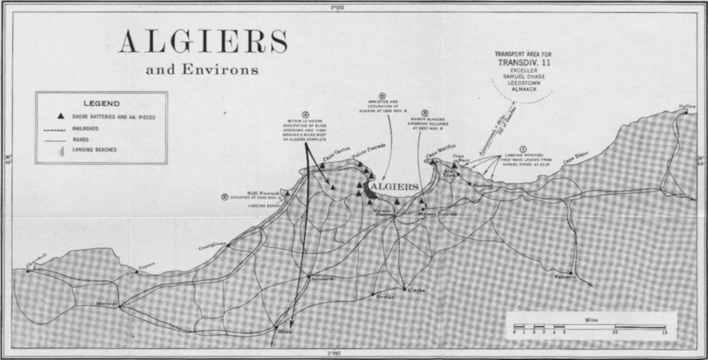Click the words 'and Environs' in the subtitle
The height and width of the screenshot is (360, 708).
tap(203, 70)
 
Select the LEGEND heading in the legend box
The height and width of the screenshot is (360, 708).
tap(102, 103)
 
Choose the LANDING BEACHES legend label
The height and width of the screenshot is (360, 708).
tap(94, 149)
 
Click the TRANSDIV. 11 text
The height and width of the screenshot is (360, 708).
tap(523, 62)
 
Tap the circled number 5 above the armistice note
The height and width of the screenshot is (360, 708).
tap(382, 96)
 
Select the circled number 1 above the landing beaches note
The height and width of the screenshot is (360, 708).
tap(523, 148)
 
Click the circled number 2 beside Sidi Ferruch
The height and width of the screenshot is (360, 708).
tap(225, 196)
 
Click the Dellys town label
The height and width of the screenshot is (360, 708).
tap(687, 106)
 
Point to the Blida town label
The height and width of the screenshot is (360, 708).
tap(285, 332)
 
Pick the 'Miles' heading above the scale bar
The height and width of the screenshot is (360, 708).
tap(591, 320)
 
